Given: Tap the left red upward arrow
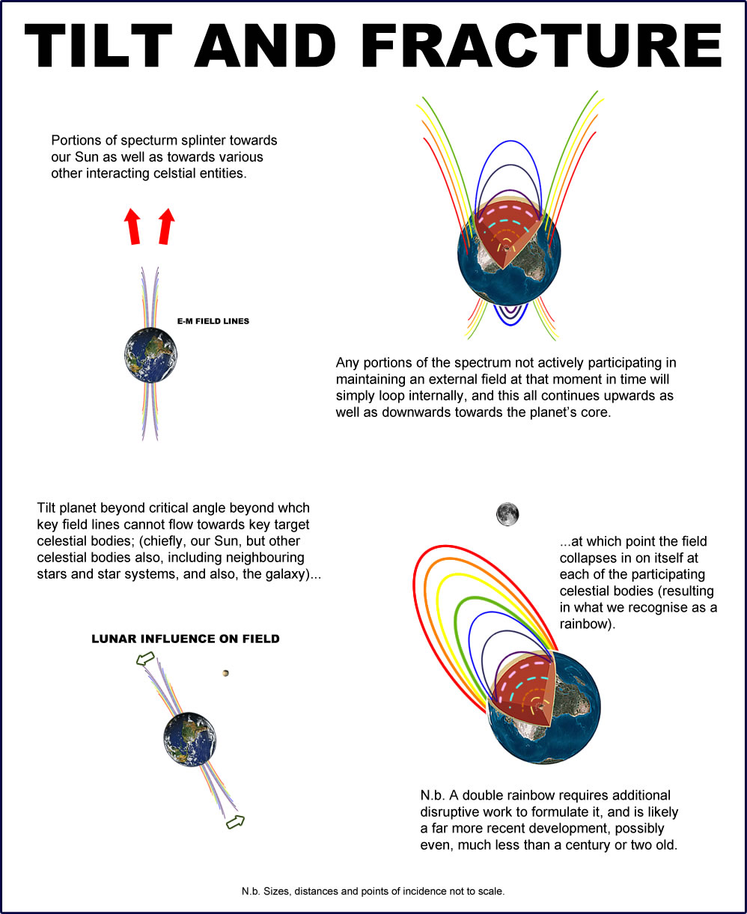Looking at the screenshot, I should pyautogui.click(x=132, y=226).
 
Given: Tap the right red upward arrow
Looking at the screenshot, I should pyautogui.click(x=166, y=226).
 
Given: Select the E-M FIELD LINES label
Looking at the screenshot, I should pyautogui.click(x=213, y=321).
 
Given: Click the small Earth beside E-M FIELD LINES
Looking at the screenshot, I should pyautogui.click(x=153, y=354).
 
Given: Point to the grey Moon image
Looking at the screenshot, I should pyautogui.click(x=507, y=514).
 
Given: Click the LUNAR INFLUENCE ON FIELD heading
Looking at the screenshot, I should pyautogui.click(x=185, y=639).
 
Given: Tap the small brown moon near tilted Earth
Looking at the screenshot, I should pyautogui.click(x=225, y=674).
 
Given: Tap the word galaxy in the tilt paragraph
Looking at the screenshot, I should pyautogui.click(x=272, y=575).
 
